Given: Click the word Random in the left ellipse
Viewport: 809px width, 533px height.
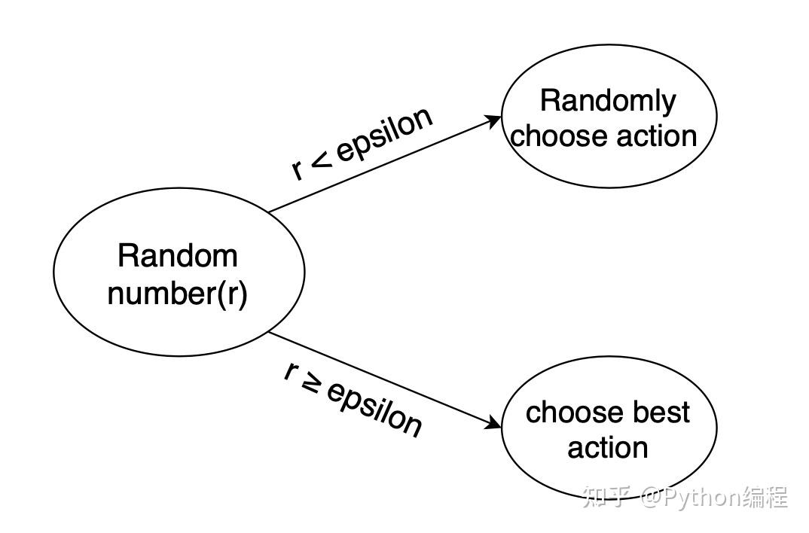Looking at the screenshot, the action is (x=178, y=255).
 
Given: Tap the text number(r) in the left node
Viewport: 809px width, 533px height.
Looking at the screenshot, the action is (x=178, y=294).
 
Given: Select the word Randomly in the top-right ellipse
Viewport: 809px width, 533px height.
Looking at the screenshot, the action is (x=608, y=102).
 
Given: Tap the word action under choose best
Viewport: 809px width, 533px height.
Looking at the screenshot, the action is (x=608, y=447).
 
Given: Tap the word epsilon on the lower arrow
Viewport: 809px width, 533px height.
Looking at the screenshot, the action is (x=375, y=410).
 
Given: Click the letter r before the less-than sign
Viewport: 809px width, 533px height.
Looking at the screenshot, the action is (x=298, y=169).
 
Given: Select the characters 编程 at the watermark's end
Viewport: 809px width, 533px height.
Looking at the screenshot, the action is (x=765, y=497).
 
